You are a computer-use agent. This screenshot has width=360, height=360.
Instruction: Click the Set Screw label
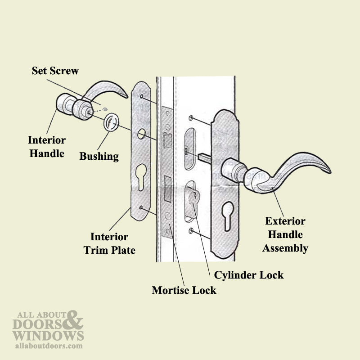click(55, 71)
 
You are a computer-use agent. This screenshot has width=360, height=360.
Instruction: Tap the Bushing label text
click(99, 156)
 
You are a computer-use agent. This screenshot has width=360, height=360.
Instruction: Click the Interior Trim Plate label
click(109, 243)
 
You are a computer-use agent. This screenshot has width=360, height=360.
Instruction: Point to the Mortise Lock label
click(184, 290)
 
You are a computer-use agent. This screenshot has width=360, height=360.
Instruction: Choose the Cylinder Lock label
click(248, 274)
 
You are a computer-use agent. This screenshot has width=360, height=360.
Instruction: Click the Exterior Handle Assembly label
click(285, 234)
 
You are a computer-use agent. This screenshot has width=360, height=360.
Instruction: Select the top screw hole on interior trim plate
click(142, 97)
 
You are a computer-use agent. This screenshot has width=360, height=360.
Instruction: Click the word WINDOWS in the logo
click(48, 335)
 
